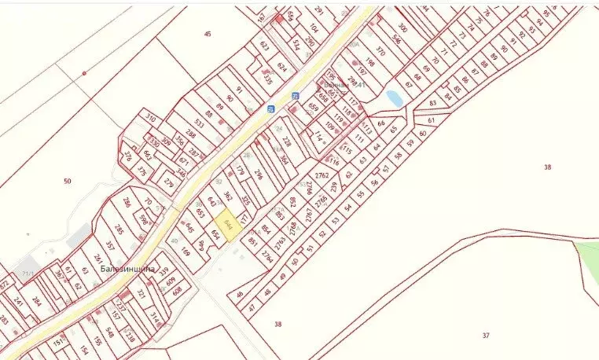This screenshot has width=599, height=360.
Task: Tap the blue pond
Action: pyautogui.click(x=394, y=98)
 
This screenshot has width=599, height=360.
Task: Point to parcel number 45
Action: pyautogui.click(x=208, y=34)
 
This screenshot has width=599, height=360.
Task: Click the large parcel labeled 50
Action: pyautogui.click(x=68, y=182)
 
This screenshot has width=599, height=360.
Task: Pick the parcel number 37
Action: pyautogui.click(x=485, y=336)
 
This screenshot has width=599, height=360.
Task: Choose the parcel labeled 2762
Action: pyautogui.click(x=321, y=174)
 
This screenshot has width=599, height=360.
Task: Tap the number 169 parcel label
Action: pyautogui.click(x=186, y=253)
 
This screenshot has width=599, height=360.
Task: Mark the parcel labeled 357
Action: pyautogui.click(x=110, y=246)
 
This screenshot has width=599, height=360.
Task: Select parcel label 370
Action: pyautogui.click(x=381, y=51)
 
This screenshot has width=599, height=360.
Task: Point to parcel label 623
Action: pyautogui.click(x=264, y=46)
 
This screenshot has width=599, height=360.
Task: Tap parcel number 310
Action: pyautogui.click(x=150, y=119)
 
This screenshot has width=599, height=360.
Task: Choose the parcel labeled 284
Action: pyautogui.click(x=36, y=303)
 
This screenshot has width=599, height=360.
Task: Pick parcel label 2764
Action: pyautogui.click(x=267, y=256)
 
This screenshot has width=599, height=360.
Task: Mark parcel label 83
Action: pyautogui.click(x=432, y=103)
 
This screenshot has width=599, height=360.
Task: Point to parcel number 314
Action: pyautogui.click(x=156, y=317)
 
